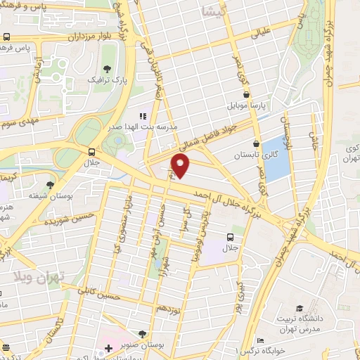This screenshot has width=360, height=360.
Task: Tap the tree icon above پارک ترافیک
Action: click(x=107, y=69)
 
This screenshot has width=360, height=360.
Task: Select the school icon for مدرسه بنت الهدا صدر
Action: click(x=143, y=116)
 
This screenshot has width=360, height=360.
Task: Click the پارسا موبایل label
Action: click(x=247, y=108)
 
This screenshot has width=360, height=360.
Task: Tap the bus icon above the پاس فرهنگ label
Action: click(x=6, y=37)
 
